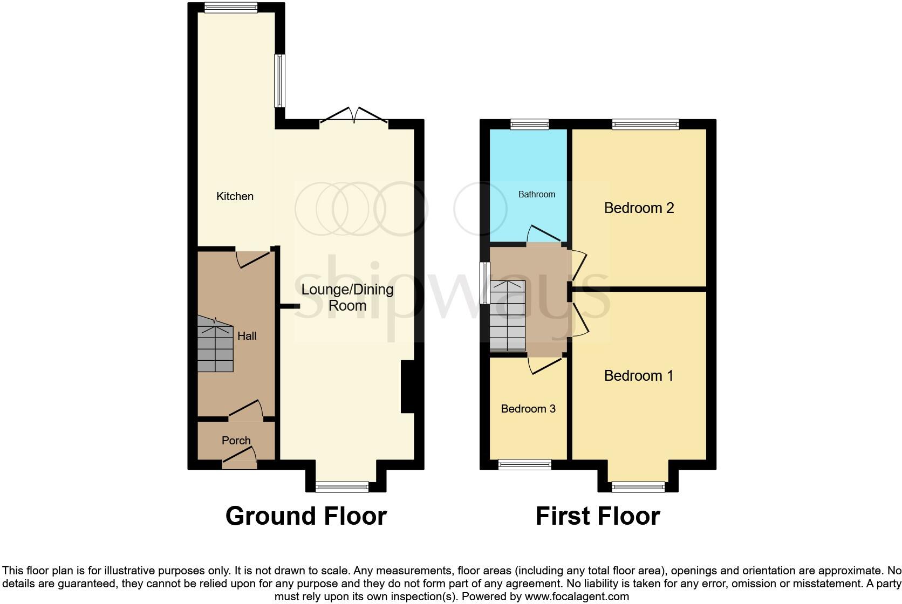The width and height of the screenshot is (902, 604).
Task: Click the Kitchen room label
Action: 235,196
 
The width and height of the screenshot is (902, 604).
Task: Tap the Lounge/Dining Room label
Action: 347,297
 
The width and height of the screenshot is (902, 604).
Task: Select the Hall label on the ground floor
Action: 247,336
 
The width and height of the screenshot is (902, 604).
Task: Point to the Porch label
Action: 236,441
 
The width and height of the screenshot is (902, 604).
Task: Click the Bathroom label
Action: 536,194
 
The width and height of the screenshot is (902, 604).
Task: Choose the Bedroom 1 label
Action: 638,375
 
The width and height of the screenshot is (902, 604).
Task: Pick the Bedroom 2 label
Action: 639,208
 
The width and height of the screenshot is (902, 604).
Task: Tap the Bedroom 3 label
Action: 528,409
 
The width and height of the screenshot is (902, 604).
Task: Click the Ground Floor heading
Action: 306,516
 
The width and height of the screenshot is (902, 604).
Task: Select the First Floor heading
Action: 597,516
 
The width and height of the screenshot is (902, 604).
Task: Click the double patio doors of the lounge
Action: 353,116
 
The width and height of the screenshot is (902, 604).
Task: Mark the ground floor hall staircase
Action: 215,345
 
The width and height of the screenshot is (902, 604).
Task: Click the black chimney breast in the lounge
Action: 407,387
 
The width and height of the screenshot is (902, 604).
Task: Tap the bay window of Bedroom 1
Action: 638,487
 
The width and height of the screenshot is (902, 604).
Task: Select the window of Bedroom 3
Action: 524,464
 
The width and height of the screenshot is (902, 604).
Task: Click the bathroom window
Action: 530,125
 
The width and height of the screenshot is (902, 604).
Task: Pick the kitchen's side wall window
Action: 279,81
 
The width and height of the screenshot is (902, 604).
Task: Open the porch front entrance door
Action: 239,460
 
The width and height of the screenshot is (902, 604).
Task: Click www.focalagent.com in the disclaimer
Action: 576,596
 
